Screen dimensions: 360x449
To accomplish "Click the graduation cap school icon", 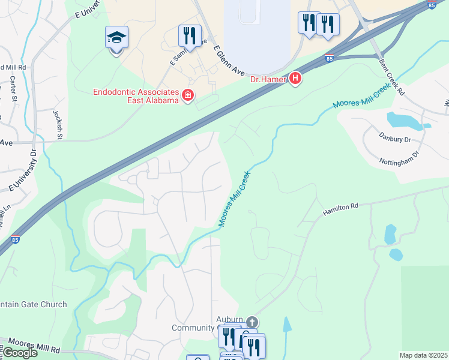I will click(x=116, y=38).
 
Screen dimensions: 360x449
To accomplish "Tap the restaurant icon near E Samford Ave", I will click(x=190, y=36).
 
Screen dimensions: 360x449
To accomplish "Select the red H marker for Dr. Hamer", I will click(x=295, y=78).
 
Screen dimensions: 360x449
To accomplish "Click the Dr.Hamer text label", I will click(x=268, y=78).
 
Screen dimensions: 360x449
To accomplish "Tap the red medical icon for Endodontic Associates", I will click(x=188, y=95).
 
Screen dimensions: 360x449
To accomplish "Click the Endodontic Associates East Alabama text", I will click(x=136, y=96).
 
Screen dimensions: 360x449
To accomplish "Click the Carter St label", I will click(x=13, y=87).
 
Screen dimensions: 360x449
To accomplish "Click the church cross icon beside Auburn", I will click(x=252, y=322).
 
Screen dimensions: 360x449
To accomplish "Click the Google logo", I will click(x=19, y=352).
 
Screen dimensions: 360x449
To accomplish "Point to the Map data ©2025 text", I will click(x=423, y=355).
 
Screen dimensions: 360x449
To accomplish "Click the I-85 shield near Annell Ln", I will click(x=15, y=239).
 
